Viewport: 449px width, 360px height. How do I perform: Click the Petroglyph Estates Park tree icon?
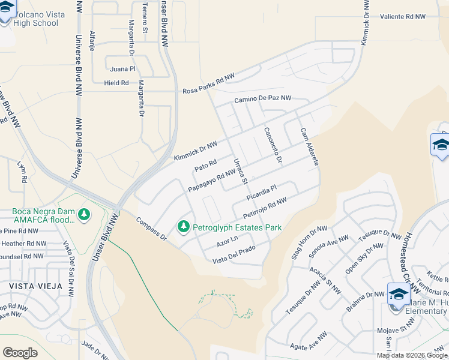(x=182, y=227)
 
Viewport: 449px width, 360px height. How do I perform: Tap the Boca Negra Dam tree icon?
(x=85, y=215)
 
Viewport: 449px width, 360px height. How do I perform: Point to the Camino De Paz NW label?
(x=262, y=98)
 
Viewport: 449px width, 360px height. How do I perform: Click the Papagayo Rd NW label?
(x=211, y=180)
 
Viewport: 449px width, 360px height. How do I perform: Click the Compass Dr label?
(x=151, y=229)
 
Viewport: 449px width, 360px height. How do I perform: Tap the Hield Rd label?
(x=116, y=83)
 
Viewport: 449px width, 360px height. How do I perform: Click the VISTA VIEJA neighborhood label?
(x=35, y=286)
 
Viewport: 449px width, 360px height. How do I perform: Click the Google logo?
(x=20, y=352)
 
